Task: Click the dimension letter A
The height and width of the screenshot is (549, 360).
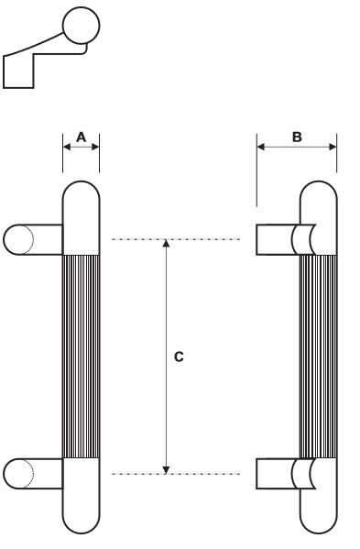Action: pos(82,137)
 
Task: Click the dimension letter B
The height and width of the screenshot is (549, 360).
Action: pos(297,137)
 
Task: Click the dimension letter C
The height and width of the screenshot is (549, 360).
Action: pos(179,357)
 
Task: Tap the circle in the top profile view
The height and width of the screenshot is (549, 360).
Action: pos(82,26)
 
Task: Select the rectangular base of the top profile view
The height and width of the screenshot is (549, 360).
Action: pos(18,71)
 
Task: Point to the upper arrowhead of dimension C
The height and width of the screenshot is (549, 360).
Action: pos(167,243)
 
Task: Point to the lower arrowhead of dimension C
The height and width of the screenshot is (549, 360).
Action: pos(167,470)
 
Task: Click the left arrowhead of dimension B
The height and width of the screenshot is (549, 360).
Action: pos(261,147)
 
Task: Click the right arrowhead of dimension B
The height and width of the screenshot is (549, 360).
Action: pos(333,147)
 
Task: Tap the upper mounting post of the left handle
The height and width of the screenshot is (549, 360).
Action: pos(33,239)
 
